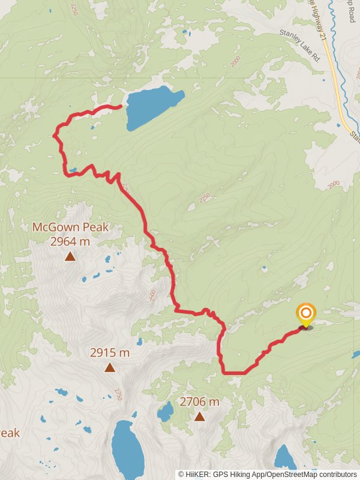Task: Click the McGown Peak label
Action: point(70,227)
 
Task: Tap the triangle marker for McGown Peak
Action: point(70,257)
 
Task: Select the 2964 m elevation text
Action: point(70,242)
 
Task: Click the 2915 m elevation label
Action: point(110,353)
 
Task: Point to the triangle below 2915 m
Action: point(110,367)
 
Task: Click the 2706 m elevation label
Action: point(199,401)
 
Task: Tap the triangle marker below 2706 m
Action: point(199,416)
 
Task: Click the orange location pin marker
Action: point(306,314)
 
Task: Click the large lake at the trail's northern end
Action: point(153,106)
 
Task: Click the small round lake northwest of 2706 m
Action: point(164,412)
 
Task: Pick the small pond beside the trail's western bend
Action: point(73,170)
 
